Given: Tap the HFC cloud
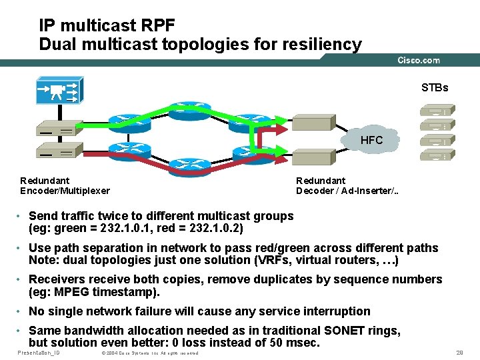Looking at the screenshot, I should point(371,140).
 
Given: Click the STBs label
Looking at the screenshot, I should point(434,87).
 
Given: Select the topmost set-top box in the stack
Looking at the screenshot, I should point(437,109).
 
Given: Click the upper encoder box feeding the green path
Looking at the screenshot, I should point(59,128).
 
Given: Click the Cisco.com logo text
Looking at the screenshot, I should point(419,60).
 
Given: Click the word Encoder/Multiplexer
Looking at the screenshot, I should point(65,191).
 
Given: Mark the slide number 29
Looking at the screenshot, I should point(459,352).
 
